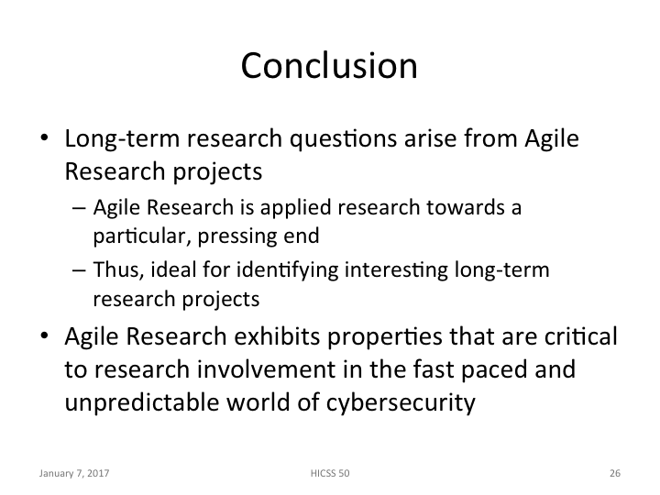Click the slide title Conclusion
[329, 66]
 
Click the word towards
[458, 208]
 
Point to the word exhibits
[278, 338]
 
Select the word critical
[577, 338]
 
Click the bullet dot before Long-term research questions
[45, 143]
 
